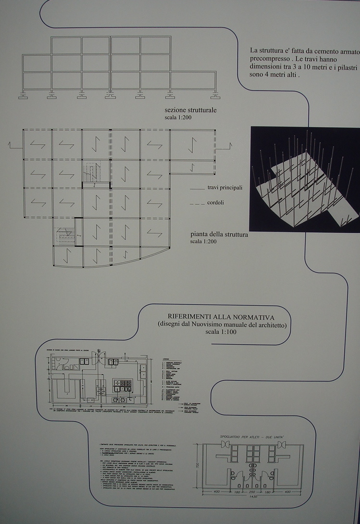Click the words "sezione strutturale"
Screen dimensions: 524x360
190,110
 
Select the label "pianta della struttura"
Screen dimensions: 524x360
219,235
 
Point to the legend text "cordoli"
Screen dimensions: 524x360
215,203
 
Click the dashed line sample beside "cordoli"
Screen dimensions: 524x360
197,203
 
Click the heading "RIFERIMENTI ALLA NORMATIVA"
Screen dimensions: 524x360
221,317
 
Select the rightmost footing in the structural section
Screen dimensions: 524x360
214,95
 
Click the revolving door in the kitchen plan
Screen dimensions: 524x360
99,357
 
